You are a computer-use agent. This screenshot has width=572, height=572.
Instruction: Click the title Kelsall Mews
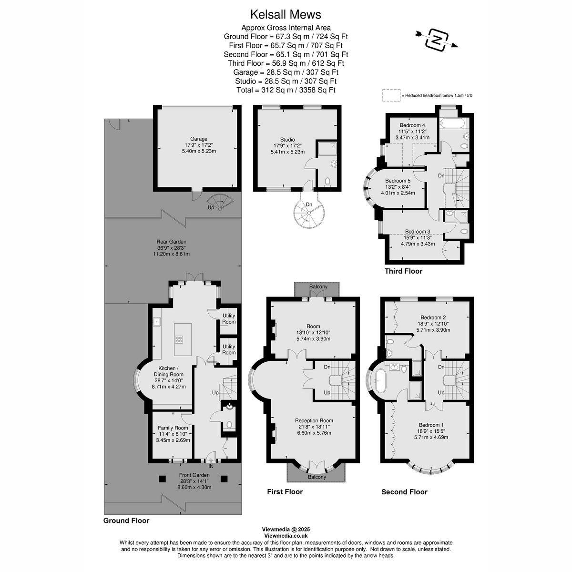(x=286, y=15)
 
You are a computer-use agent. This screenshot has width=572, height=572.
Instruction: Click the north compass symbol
(x=436, y=39)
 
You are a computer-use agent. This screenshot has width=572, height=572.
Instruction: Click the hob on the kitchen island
(x=179, y=339)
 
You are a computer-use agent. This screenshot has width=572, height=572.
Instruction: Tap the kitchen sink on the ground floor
(x=156, y=322)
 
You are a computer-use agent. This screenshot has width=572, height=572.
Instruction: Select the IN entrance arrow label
(x=211, y=466)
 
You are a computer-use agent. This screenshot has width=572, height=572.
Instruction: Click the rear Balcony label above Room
(x=318, y=286)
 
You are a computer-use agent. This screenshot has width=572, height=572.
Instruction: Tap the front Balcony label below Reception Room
(x=317, y=477)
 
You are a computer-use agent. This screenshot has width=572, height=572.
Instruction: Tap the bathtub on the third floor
(x=451, y=123)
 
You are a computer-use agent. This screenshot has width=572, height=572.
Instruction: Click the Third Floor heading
(x=403, y=271)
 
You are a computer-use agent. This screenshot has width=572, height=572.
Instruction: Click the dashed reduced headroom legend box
(x=391, y=95)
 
